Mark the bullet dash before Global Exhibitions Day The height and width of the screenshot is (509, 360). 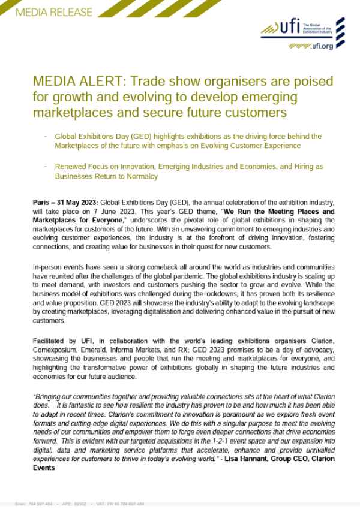[x=46, y=137]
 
